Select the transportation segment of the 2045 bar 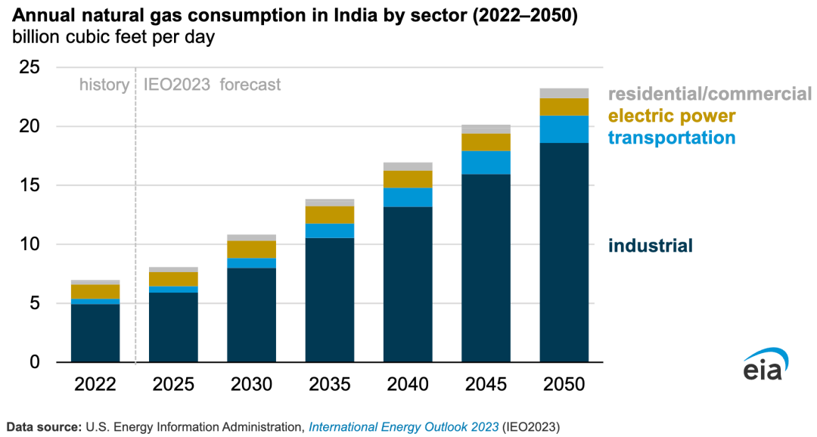point(486,163)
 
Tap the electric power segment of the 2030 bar point(251,249)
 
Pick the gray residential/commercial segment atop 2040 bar point(408,166)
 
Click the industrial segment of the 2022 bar point(95,333)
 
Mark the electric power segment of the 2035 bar point(329,215)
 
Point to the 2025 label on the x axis point(173,384)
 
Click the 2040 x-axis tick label point(408,384)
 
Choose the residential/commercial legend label point(709,95)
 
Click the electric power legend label point(671,116)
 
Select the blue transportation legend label point(672,138)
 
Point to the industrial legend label point(651,246)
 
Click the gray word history point(104,85)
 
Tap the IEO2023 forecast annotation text point(213,85)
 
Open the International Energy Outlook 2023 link point(403,427)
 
